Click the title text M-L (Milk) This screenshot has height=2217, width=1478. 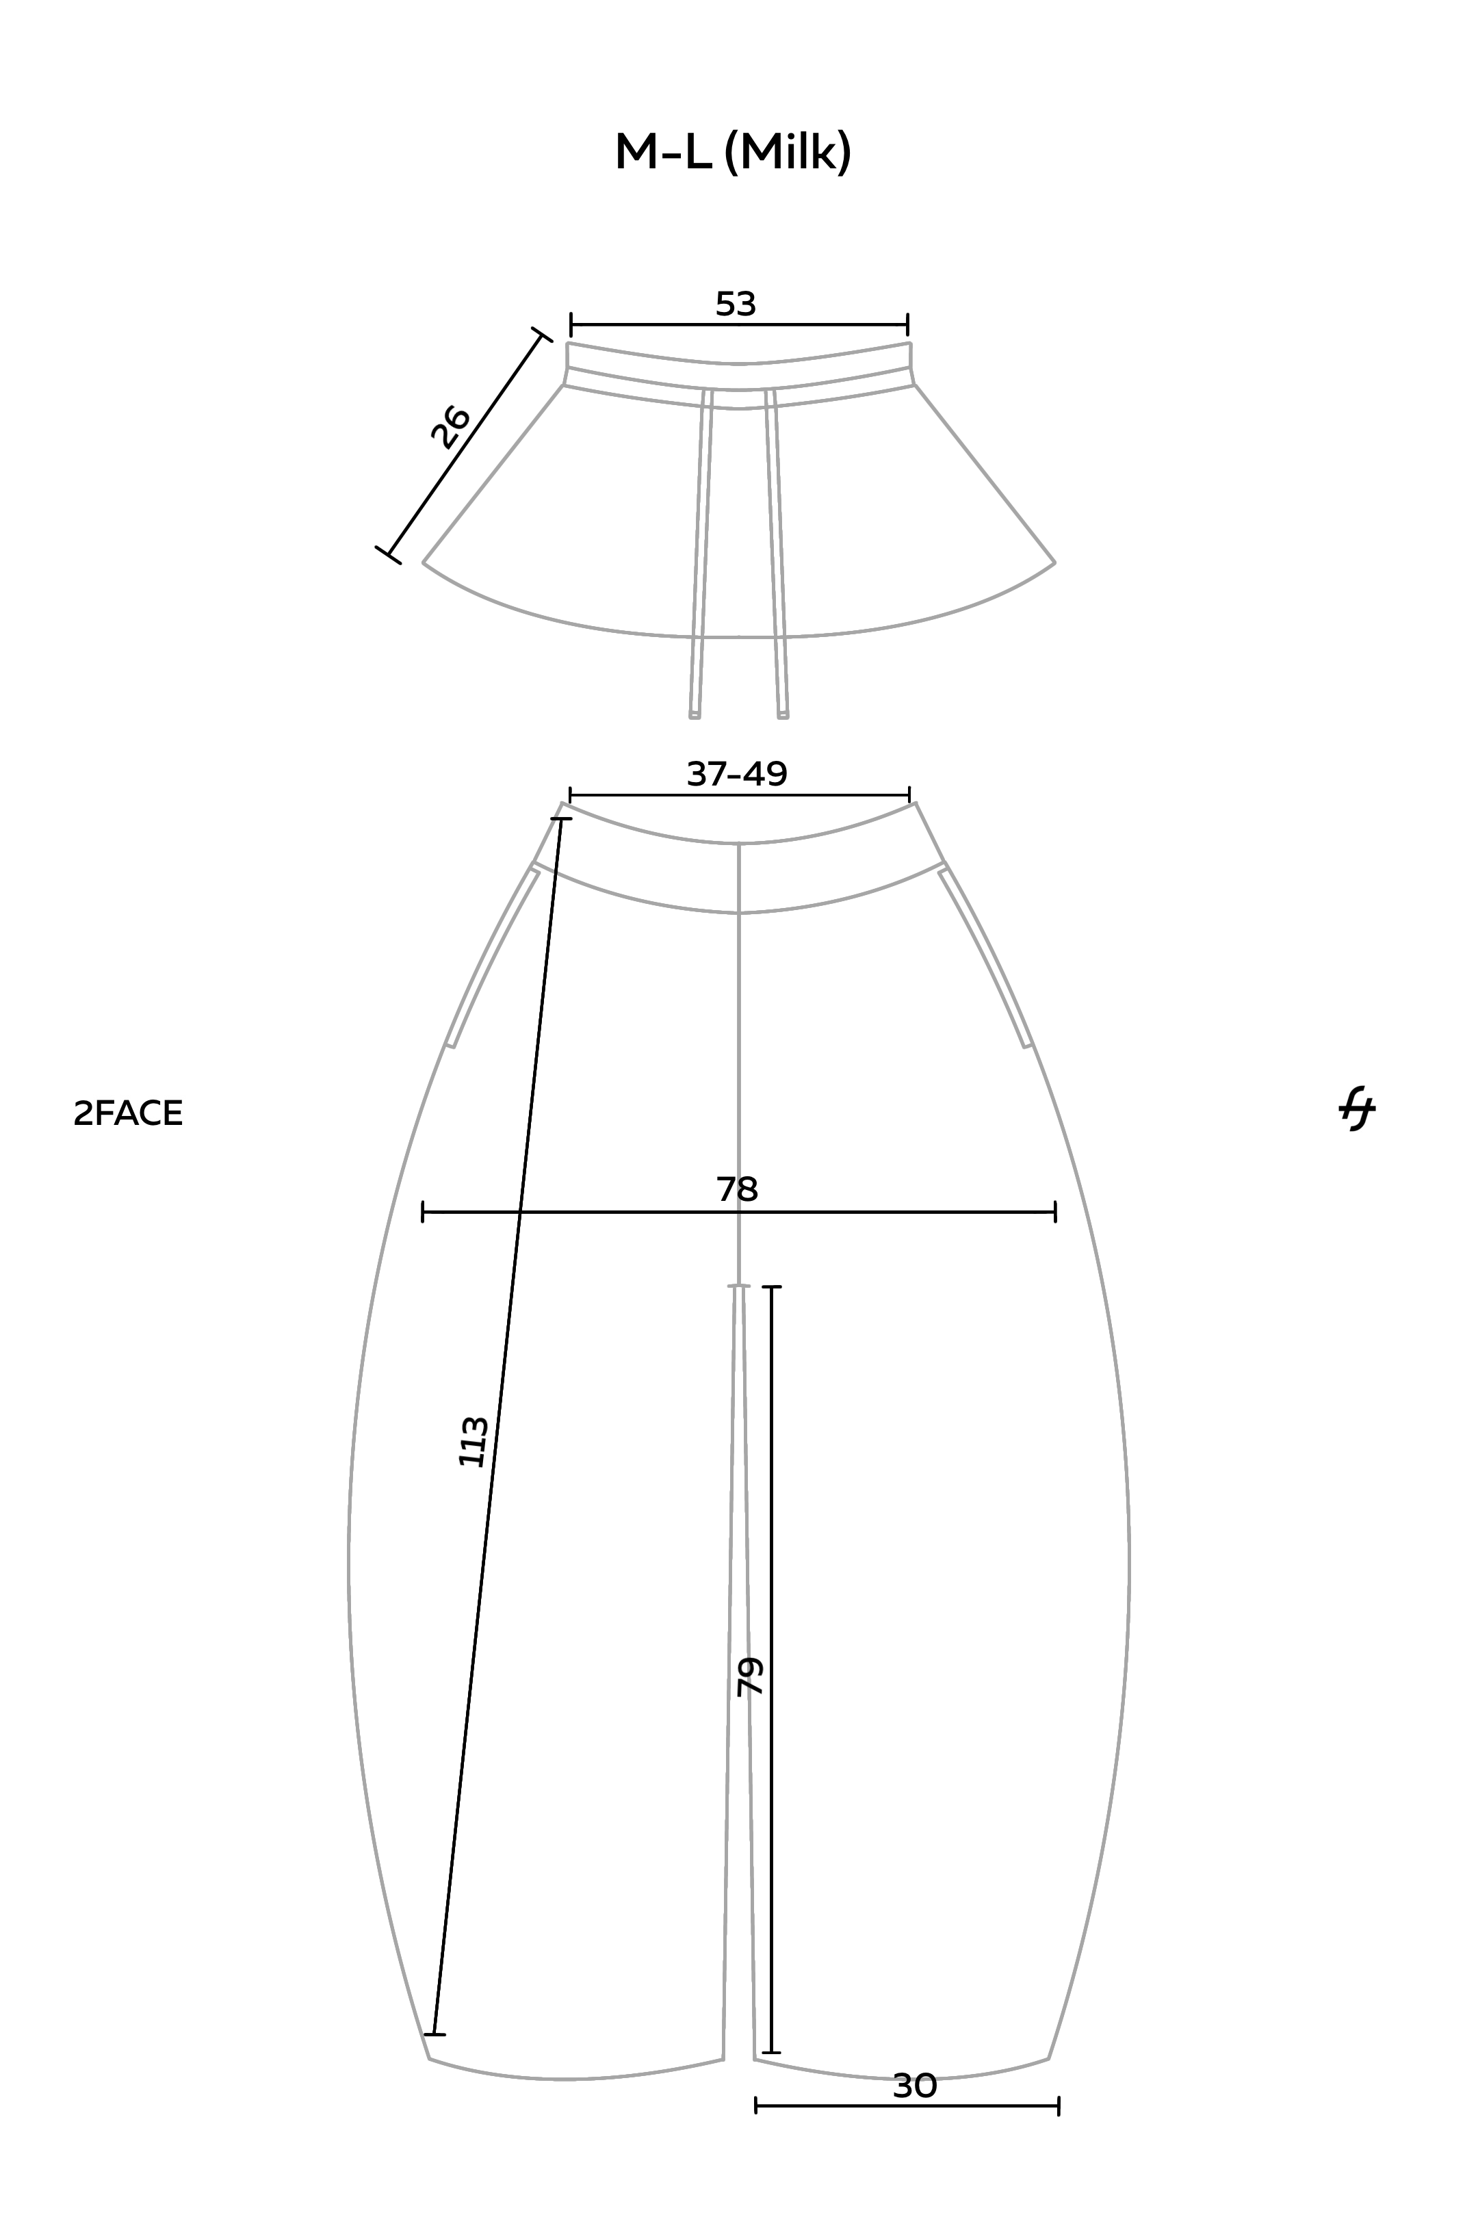coord(734,153)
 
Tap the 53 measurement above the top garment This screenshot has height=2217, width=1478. coord(735,304)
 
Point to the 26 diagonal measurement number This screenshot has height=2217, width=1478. coord(450,426)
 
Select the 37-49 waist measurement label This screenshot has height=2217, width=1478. coord(736,774)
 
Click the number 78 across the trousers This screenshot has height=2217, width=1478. coord(737,1189)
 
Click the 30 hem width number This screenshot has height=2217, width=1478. coord(914,2086)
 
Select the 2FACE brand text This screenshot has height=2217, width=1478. coord(128,1113)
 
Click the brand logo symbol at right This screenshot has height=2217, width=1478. coord(1358,1109)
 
